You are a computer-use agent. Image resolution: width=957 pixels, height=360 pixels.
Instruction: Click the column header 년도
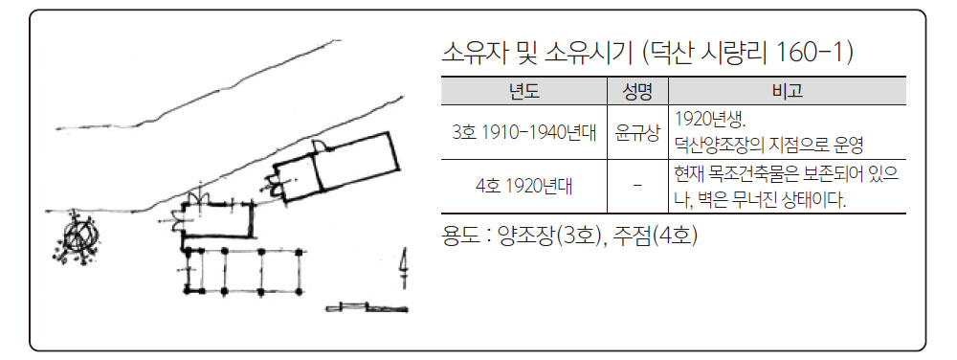point(523,92)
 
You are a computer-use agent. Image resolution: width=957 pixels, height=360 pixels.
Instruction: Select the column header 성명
point(637,92)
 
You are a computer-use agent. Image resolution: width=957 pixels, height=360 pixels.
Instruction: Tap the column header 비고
point(788,92)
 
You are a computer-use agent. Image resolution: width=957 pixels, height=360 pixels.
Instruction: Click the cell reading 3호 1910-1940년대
point(523,132)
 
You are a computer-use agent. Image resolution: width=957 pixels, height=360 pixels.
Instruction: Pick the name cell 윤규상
point(637,132)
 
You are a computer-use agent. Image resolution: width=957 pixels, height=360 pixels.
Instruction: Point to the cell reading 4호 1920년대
point(523,186)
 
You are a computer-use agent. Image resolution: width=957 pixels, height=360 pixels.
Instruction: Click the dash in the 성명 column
point(637,185)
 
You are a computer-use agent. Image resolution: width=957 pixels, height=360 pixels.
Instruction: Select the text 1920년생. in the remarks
point(710,119)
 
